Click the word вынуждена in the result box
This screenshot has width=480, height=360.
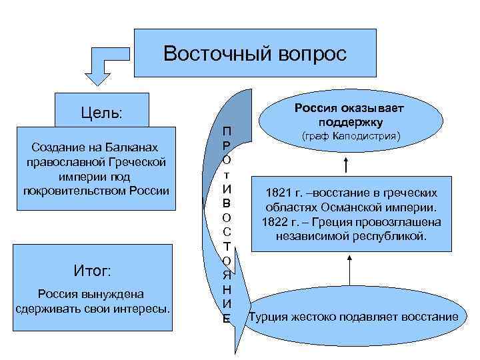pos(120,294)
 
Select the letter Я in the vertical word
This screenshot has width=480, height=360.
pos(227,275)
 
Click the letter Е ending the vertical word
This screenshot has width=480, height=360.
pos(227,319)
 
